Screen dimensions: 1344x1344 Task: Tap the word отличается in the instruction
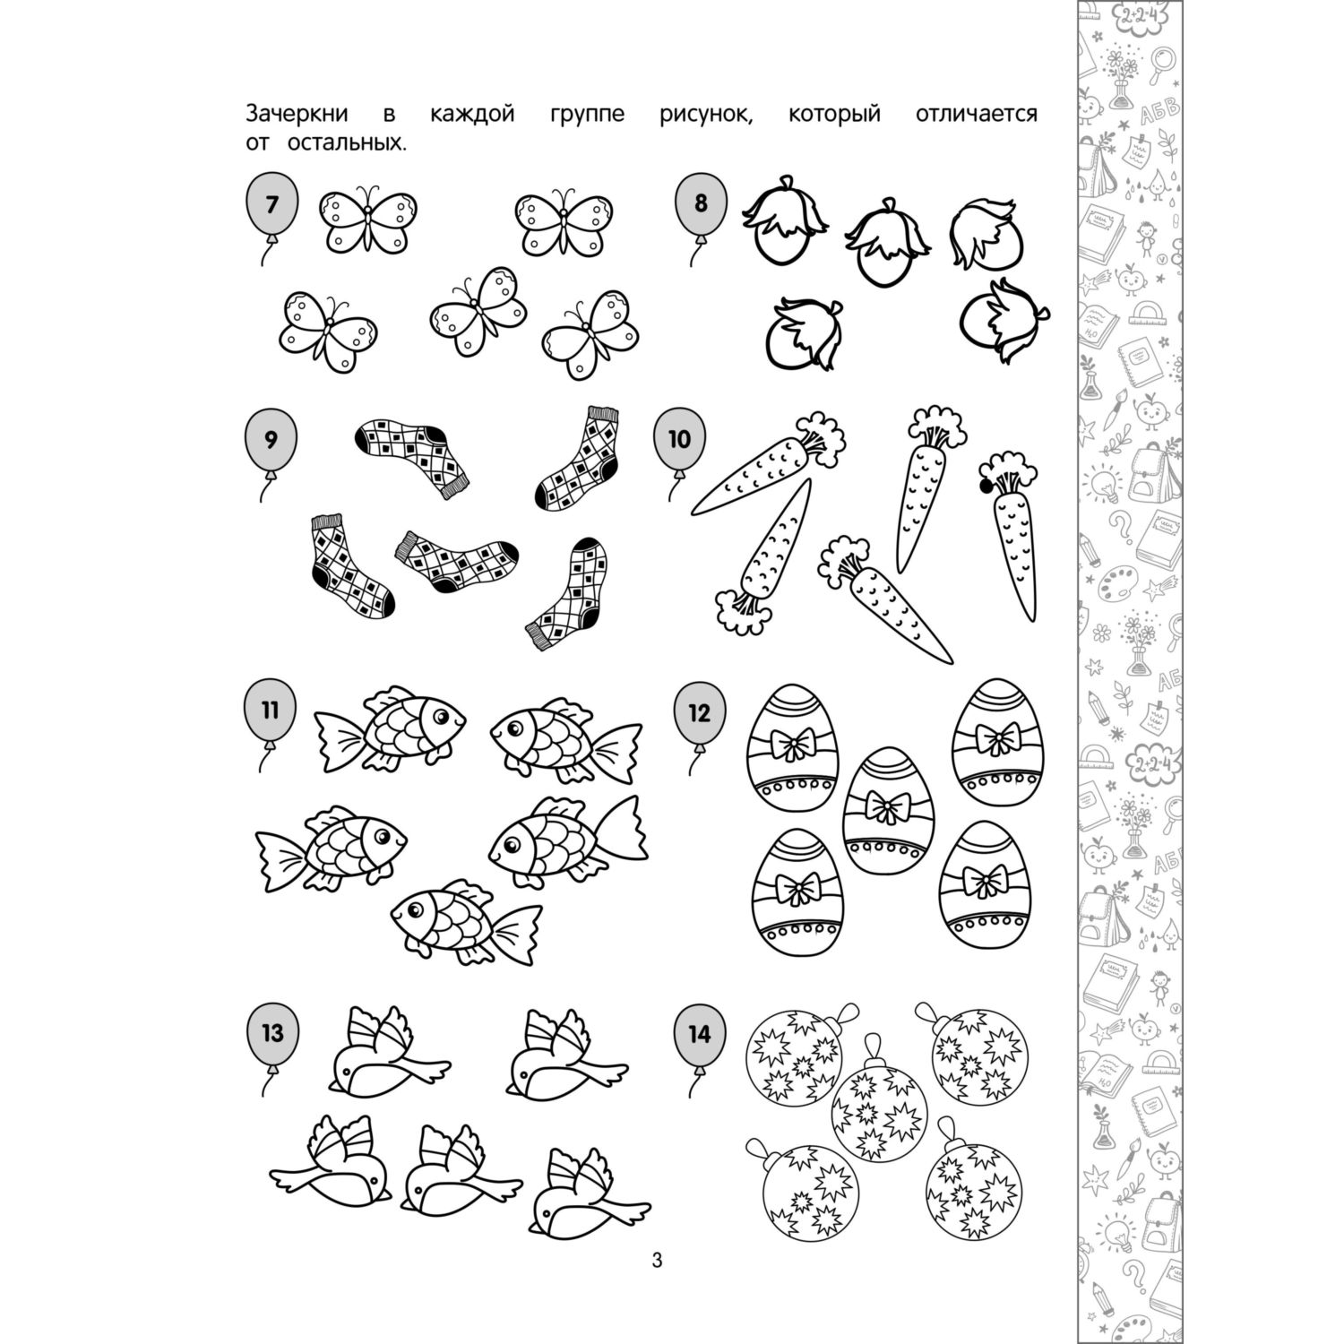click(978, 115)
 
